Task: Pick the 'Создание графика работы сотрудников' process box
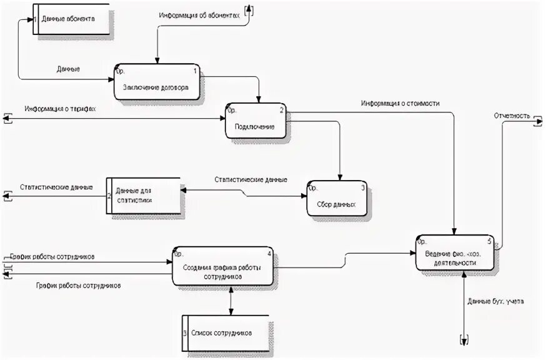222,266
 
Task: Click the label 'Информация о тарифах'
60,109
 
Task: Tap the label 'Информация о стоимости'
399,102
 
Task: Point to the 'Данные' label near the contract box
67,69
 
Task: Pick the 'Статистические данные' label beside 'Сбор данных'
251,180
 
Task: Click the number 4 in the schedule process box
269,254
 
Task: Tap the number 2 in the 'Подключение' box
281,110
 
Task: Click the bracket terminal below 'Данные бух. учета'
464,340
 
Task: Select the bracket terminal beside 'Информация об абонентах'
249,9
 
